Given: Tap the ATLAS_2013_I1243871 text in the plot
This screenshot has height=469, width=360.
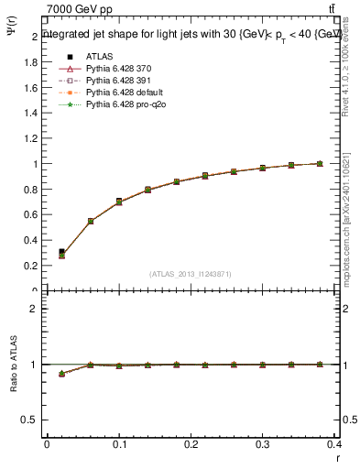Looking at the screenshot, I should pyautogui.click(x=191, y=274).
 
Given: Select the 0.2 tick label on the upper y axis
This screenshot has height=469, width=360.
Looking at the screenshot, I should pyautogui.click(x=33, y=266).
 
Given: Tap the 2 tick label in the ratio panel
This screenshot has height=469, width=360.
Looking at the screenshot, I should pyautogui.click(x=34, y=309).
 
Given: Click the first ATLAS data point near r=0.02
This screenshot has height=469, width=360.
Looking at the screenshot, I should pyautogui.click(x=61, y=251).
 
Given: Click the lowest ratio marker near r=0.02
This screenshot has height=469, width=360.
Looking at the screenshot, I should pyautogui.click(x=61, y=374).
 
